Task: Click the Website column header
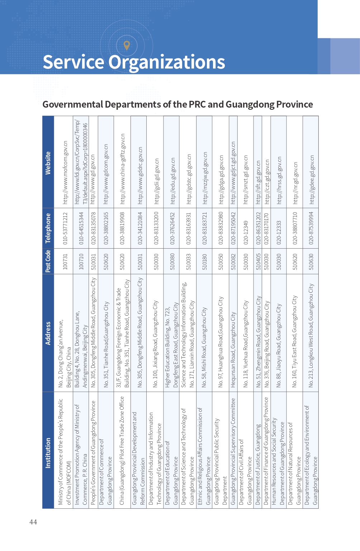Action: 48,163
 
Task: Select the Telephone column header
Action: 48,228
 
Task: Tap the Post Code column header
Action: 48,261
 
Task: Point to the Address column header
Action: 48,333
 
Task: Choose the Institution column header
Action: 48,453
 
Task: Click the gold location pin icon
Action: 127,46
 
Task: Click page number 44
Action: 33,522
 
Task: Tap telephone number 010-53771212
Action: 65,228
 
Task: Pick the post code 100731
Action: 65,262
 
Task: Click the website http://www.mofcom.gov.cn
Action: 65,173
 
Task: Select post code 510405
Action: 258,262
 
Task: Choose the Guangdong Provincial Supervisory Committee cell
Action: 233,451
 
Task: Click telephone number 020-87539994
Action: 311,228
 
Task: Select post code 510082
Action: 233,262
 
